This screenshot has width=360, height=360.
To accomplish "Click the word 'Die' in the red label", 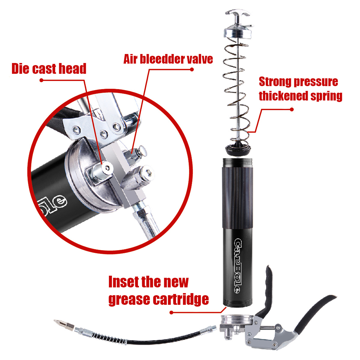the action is tap(20, 69).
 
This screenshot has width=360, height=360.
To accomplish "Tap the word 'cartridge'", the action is tap(181, 299).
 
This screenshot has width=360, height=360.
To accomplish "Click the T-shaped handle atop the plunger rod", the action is tap(237, 16).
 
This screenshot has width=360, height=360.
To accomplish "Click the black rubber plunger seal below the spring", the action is tap(238, 148).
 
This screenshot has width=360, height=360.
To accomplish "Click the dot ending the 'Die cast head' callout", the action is tap(41, 80).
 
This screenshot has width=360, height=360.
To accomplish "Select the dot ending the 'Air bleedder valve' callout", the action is tap(192, 70).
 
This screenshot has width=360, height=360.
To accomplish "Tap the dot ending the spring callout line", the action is tap(292, 109).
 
